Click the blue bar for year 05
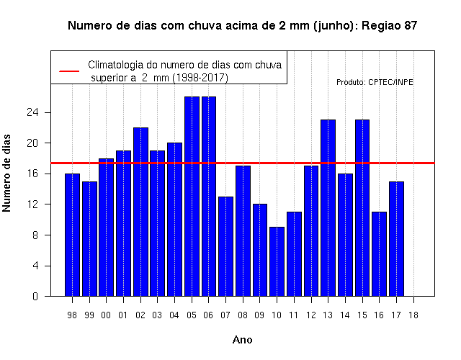click(192, 197)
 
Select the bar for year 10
click(277, 261)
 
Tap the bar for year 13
click(328, 208)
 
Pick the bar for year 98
click(72, 235)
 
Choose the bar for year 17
click(396, 239)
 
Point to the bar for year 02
click(140, 212)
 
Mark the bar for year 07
click(225, 246)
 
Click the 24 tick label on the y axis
click(32, 112)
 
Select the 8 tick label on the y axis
click(35, 235)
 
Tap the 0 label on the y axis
click(35, 296)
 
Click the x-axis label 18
click(413, 315)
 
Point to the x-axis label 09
click(259, 315)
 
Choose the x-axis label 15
click(362, 315)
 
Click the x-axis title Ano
click(243, 340)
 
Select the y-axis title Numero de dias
click(6, 173)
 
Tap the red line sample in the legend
click(69, 71)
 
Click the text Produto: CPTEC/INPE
click(375, 82)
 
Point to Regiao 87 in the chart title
click(389, 26)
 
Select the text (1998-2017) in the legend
click(200, 78)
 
